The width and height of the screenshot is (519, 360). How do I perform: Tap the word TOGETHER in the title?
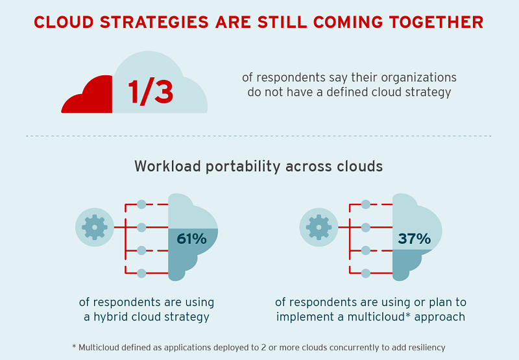point(436,22)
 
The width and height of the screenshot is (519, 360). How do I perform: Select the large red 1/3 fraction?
point(151,92)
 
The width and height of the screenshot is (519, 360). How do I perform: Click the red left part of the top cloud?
point(88,96)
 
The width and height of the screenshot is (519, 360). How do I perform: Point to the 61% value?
point(191,239)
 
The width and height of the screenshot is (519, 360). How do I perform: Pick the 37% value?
point(415,239)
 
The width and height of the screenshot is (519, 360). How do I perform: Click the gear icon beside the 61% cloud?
point(95,227)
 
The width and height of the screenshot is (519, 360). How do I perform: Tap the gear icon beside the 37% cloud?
point(319,227)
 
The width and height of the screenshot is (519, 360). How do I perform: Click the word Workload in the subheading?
point(168,166)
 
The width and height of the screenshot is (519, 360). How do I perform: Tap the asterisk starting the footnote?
point(74,346)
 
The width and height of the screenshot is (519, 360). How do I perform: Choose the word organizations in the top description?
point(418,78)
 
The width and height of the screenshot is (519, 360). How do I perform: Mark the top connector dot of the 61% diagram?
point(141,204)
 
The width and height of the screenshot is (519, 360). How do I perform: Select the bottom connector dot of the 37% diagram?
point(366,273)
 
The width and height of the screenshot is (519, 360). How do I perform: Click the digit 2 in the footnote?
point(263,348)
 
